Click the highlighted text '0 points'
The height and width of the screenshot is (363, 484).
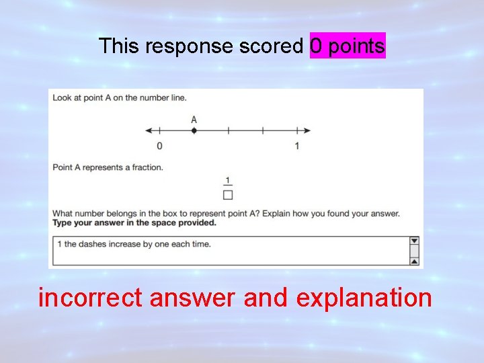point(348,46)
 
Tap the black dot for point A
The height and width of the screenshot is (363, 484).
point(194,130)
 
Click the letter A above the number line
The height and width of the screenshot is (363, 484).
point(194,120)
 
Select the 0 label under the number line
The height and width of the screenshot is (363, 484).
point(159,145)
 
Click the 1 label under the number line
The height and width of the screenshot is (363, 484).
point(296,145)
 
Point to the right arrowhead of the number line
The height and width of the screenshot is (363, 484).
point(307,130)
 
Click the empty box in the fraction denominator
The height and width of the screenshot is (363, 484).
point(228,195)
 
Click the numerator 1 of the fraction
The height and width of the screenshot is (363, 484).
point(228,180)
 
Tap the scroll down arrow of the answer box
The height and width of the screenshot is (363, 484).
point(414,241)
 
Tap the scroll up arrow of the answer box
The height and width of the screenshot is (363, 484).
point(414,261)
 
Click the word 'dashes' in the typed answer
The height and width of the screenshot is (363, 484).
point(92,244)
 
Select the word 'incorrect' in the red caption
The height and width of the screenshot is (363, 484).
point(90,296)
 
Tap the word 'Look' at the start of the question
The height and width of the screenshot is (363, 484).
point(63,98)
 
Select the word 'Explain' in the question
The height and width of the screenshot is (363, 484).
point(278,214)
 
